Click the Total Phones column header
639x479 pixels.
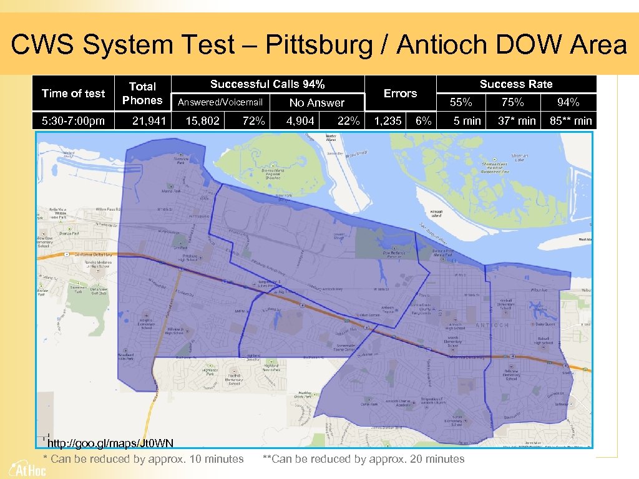[142, 93]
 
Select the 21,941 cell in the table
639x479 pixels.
[149, 121]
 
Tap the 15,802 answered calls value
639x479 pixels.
[203, 121]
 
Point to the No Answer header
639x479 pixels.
[316, 103]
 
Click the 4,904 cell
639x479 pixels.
[300, 121]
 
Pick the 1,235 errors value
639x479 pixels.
[388, 121]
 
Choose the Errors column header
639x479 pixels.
[400, 93]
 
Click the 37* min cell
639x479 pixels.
[517, 121]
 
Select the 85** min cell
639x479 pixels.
[570, 121]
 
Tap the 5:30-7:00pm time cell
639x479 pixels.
[73, 121]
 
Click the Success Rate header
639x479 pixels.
[516, 84]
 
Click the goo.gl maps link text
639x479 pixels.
[110, 443]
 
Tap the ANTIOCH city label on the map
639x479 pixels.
[492, 326]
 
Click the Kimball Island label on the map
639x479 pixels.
[436, 214]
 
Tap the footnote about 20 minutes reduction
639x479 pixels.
[364, 459]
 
